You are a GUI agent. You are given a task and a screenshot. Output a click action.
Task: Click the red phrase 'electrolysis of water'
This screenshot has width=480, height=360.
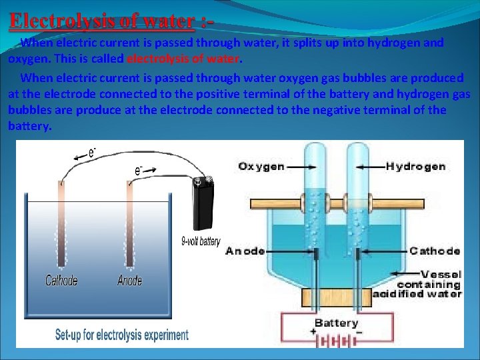tap(182, 58)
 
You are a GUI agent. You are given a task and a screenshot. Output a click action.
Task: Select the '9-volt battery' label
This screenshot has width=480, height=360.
tap(200, 241)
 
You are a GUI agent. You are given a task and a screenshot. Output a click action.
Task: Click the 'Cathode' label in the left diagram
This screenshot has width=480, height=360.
tap(61, 281)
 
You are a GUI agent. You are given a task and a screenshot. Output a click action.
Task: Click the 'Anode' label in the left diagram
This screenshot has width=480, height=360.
tap(129, 281)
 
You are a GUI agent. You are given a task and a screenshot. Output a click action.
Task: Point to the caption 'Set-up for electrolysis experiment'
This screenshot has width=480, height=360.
tap(121, 334)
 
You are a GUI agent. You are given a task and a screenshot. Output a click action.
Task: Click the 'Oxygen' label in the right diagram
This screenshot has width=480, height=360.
tap(261, 166)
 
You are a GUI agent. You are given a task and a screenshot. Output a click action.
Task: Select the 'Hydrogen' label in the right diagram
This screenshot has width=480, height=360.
tap(415, 166)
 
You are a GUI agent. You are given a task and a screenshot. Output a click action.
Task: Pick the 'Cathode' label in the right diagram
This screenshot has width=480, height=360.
tap(435, 251)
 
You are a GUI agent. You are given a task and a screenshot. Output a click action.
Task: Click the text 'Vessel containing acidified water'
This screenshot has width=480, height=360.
tap(427, 283)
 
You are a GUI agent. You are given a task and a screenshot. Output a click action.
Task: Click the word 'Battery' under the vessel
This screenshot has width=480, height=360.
tap(336, 323)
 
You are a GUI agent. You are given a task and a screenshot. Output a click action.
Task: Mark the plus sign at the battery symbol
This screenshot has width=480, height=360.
tap(313, 331)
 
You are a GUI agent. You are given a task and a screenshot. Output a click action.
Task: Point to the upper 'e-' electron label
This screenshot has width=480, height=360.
tap(93, 153)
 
